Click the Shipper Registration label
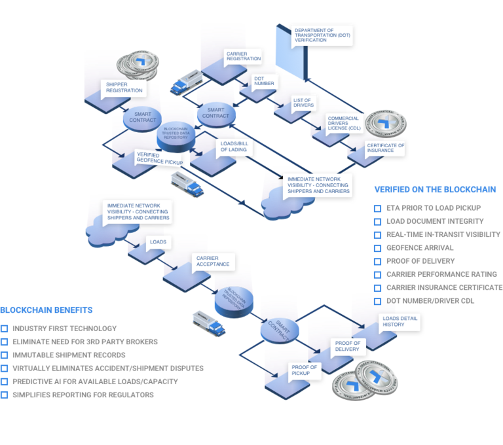[124, 88]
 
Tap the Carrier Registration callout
[243, 57]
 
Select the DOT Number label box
[265, 81]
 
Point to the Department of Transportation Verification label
[322, 35]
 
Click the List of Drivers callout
[304, 102]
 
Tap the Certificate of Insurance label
[385, 148]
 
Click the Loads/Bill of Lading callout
[232, 145]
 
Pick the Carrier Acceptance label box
[213, 260]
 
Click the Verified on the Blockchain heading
[435, 189]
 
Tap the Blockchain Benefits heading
[47, 309]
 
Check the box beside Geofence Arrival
[378, 248]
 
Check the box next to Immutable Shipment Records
[5, 355]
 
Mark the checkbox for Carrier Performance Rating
[378, 274]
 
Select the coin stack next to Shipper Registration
[140, 63]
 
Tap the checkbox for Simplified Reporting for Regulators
[5, 395]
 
